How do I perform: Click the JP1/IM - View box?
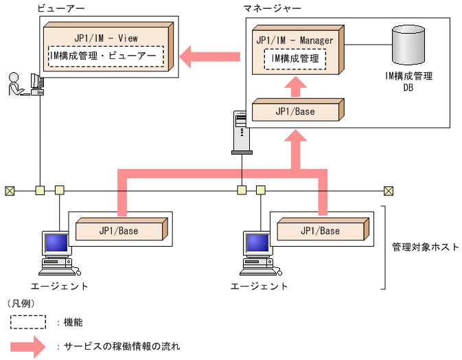[x=106, y=38]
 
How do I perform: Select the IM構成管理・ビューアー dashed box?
[x=106, y=56]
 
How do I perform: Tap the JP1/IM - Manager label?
[x=294, y=40]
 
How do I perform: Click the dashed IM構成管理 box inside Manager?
[x=294, y=59]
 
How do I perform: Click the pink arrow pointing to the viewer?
[x=209, y=55]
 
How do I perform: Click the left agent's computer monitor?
[x=56, y=243]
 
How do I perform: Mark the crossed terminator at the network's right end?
[x=389, y=190]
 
